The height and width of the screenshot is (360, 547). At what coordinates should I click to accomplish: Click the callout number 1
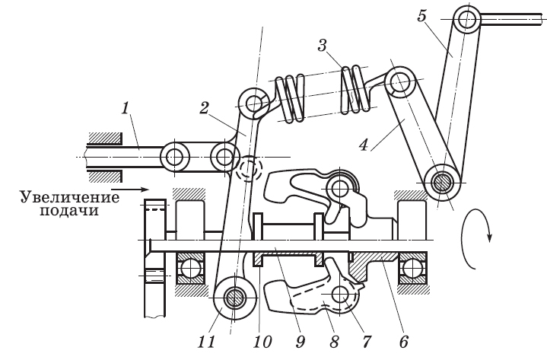pos(126,109)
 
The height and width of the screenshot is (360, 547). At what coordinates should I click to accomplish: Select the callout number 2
pos(204,109)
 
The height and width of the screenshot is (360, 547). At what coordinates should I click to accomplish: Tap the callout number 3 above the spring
pos(322,46)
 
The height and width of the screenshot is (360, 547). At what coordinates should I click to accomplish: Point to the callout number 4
pos(364,145)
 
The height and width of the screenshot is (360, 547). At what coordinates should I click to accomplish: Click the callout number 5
pos(421,17)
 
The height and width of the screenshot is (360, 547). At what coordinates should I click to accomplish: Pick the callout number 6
pos(404,342)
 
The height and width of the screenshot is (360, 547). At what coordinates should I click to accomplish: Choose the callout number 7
pos(366,342)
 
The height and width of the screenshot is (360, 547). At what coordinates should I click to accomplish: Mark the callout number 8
pos(334,342)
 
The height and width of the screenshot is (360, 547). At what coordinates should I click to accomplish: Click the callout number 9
pos(301,342)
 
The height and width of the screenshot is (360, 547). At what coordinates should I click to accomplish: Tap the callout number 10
pos(262,342)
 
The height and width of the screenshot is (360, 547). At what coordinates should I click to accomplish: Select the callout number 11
pos(206,342)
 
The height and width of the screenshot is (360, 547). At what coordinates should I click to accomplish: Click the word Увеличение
pos(70,197)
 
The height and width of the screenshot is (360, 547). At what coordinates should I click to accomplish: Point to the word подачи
pos(69,212)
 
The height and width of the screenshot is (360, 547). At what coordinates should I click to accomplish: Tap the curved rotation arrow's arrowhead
pos(489,237)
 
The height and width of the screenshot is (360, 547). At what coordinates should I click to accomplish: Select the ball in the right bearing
pos(412,269)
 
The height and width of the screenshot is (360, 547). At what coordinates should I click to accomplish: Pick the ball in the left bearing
pos(190,269)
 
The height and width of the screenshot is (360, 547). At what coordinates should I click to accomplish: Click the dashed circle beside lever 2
pos(248,167)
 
